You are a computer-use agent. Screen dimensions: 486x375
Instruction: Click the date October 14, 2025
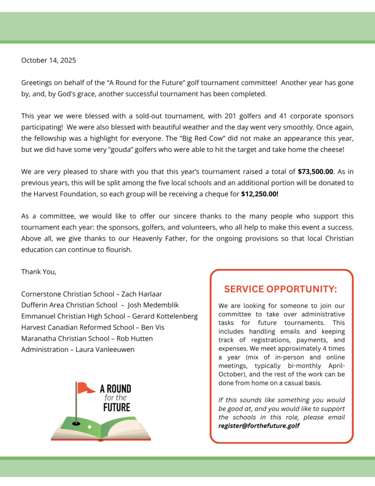coord(48,60)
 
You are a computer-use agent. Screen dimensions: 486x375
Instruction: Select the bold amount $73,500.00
coord(316,172)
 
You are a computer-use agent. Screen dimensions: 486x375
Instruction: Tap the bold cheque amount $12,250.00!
coord(260,194)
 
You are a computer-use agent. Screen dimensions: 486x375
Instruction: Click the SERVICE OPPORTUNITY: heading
coord(281,289)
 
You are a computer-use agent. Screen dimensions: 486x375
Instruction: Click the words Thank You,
coord(39,272)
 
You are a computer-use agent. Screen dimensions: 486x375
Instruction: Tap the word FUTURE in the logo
coord(117,407)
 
